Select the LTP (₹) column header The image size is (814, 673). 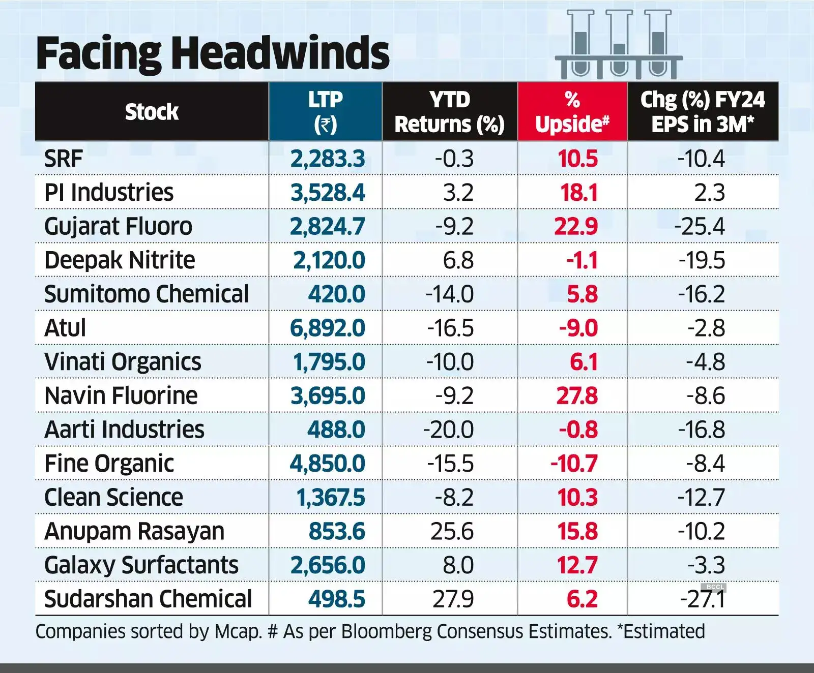[326, 111]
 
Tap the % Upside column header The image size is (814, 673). [572, 111]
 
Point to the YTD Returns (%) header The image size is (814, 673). [450, 111]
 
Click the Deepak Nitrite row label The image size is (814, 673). [120, 260]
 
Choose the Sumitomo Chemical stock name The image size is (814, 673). [147, 294]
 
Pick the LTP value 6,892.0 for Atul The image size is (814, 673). [328, 328]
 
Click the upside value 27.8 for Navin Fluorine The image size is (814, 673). [577, 396]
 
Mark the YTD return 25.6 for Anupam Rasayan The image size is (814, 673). [452, 531]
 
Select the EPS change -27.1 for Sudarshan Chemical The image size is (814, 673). [703, 599]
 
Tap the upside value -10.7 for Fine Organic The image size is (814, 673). [574, 464]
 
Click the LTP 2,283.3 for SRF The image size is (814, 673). [328, 159]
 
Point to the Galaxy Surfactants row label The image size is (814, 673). [141, 565]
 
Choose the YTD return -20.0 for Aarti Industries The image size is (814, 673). [449, 430]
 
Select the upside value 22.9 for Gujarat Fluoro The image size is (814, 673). [576, 226]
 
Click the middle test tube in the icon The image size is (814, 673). [619, 43]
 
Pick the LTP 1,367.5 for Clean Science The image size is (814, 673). [331, 498]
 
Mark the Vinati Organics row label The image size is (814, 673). [123, 362]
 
